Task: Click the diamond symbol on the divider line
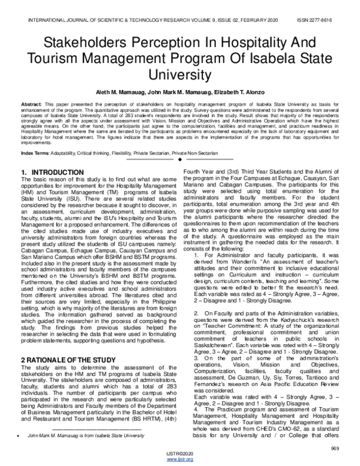coord(180,160)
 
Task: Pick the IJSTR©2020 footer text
coord(180,454)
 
